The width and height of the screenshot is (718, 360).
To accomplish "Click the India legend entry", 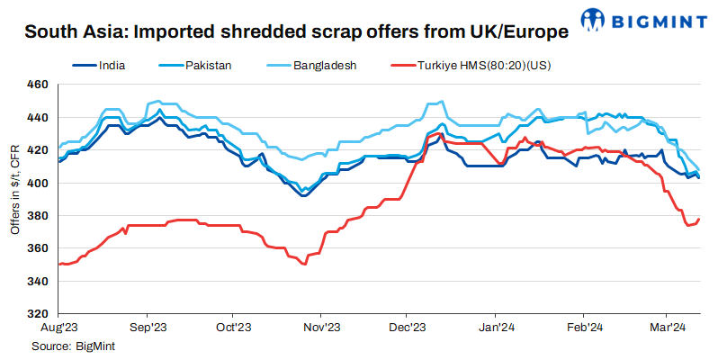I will click(x=111, y=66).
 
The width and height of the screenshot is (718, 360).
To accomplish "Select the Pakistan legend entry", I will click(x=210, y=66).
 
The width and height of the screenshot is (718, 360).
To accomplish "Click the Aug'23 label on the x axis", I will click(x=58, y=328).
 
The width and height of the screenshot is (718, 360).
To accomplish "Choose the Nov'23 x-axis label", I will click(x=321, y=328).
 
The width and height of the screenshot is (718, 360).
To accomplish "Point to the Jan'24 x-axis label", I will click(x=496, y=328).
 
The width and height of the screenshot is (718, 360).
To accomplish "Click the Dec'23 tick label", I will click(x=408, y=328).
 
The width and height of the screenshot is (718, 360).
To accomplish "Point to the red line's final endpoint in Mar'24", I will click(x=699, y=219).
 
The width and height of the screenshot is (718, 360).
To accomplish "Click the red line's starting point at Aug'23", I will click(x=58, y=264).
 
